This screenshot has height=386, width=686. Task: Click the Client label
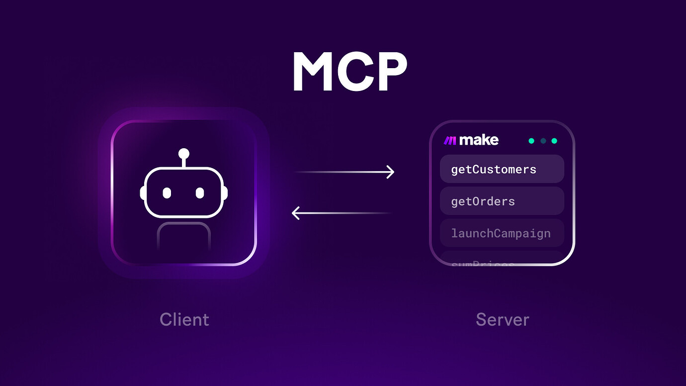pos(184,319)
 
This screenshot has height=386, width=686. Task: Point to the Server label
pos(502,319)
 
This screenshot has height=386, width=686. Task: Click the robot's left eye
pos(167,193)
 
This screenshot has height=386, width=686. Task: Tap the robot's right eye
pos(200,193)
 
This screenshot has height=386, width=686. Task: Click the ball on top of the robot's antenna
pos(184,153)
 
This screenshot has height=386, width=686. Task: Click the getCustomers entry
pos(502,169)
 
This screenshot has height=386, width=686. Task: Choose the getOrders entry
pos(502,201)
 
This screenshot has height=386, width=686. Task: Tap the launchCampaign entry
pos(502,233)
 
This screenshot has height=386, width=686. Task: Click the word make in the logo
pos(479,140)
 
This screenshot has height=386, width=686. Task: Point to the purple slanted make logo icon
pos(450,141)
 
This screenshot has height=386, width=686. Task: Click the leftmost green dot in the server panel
pos(531,141)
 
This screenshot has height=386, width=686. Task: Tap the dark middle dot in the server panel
pos(543,141)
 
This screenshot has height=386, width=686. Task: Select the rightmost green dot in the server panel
pos(554,141)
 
